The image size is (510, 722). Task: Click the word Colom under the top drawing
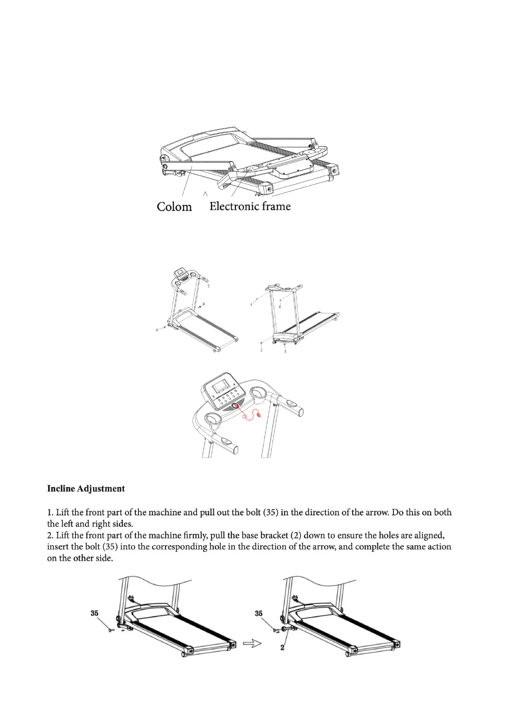click(174, 207)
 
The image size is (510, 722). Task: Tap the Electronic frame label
click(250, 206)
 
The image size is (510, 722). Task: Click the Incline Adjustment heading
click(86, 489)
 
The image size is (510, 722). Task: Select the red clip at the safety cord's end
click(258, 414)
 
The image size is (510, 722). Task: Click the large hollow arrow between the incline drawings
click(252, 643)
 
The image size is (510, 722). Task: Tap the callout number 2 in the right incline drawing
click(282, 647)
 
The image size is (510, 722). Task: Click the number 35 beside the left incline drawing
click(94, 613)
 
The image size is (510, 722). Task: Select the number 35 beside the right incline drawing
click(258, 613)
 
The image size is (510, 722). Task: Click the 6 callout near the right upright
click(204, 304)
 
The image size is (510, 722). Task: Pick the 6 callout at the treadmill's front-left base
click(157, 330)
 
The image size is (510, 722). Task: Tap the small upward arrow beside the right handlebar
click(208, 284)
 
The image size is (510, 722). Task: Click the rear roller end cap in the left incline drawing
click(233, 644)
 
